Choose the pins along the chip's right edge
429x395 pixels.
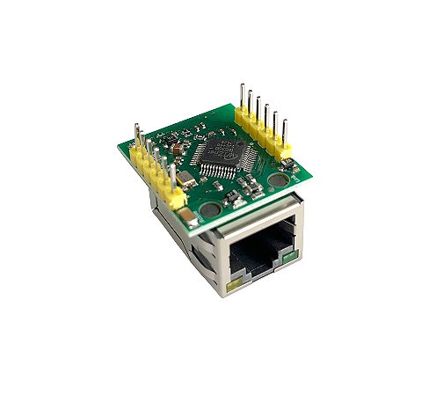pyautogui.click(x=252, y=156)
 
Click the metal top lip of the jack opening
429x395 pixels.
pyautogui.click(x=259, y=226)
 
